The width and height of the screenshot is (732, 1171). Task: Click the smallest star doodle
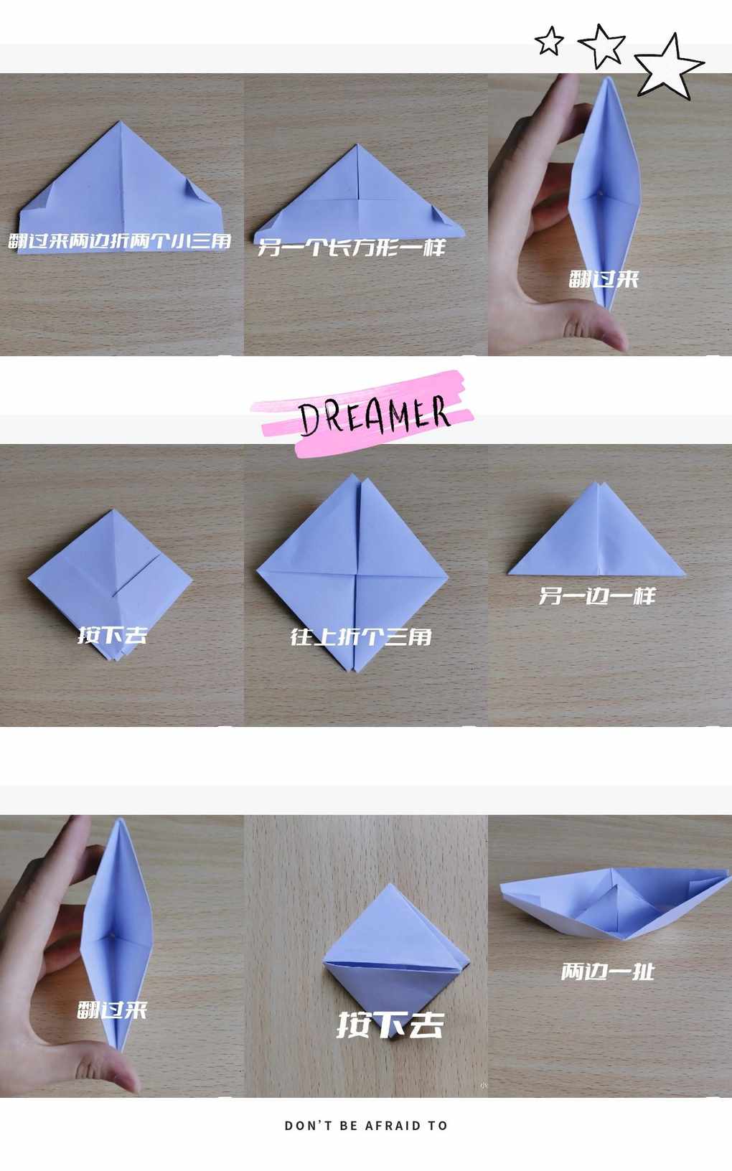[549, 42]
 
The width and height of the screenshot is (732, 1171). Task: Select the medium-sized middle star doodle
[602, 46]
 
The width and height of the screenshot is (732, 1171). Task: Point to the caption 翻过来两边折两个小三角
[120, 241]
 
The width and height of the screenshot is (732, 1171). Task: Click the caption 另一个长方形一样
[352, 248]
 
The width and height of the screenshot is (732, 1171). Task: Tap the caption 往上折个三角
[361, 636]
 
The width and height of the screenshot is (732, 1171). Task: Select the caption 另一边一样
[596, 596]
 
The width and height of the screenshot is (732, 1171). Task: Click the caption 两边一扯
[608, 972]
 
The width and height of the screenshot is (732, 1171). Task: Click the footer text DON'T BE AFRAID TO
[366, 1126]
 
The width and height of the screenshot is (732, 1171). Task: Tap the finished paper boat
[615, 903]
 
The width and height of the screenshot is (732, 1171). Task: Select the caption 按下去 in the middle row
[113, 635]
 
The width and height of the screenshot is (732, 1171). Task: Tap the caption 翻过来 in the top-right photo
[604, 278]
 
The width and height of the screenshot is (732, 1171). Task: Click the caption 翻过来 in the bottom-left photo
[113, 1010]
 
